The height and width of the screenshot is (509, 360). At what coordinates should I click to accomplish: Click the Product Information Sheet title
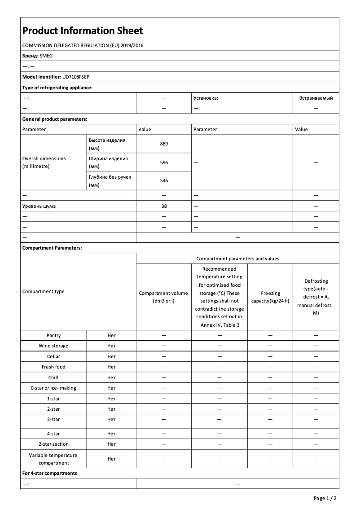pos(83,31)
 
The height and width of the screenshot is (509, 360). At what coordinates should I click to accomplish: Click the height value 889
pos(164,144)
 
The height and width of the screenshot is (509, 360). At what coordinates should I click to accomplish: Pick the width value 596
pos(164,162)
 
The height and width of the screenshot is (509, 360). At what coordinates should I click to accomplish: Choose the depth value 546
pos(164,180)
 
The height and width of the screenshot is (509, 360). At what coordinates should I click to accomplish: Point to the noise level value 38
pos(164,206)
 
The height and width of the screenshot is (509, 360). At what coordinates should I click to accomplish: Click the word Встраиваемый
pos(316,98)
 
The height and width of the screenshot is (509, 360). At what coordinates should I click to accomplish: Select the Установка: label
pos(206,98)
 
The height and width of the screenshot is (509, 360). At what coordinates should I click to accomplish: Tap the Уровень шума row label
pos(39,206)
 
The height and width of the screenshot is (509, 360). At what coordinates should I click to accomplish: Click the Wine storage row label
pos(53,346)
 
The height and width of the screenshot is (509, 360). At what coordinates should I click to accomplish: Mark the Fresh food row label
pos(53,367)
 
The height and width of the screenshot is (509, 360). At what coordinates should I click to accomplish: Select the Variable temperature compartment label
pos(53,459)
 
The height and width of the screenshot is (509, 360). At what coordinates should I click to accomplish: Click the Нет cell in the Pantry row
pos(111,335)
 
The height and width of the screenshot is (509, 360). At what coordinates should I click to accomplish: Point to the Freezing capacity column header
pos(270,297)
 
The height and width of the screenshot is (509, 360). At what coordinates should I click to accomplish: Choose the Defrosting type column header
pos(316,297)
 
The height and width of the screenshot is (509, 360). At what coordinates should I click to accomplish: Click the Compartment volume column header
pos(164,297)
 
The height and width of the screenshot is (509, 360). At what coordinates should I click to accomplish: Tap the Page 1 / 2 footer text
pos(325,498)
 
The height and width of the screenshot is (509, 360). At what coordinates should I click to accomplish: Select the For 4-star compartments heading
pos(50,474)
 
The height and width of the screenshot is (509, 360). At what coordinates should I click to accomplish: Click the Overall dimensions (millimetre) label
pos(44,162)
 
